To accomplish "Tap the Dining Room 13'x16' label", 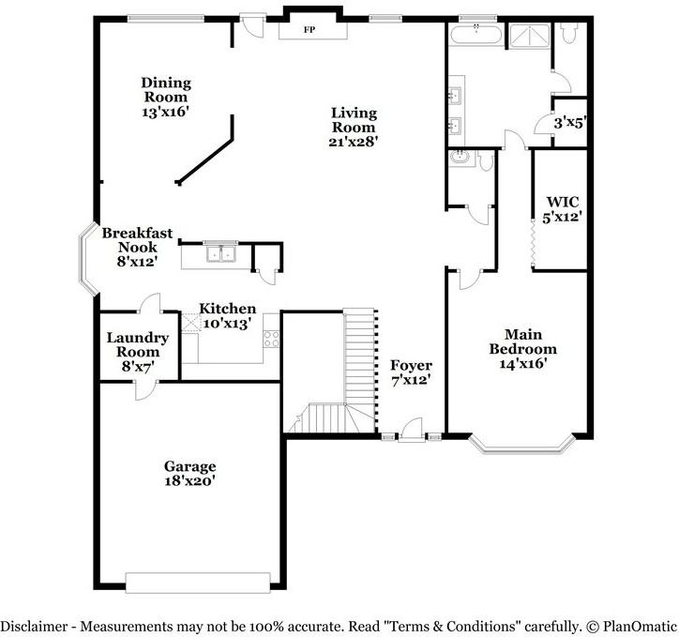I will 165,96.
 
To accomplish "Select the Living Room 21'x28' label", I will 353,127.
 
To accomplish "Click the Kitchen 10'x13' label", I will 226,315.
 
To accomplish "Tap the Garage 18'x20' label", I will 190,474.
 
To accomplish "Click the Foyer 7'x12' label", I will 411,372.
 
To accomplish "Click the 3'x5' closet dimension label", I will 568,122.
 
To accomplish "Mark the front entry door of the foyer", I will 409,433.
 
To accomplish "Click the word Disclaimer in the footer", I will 37,625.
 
